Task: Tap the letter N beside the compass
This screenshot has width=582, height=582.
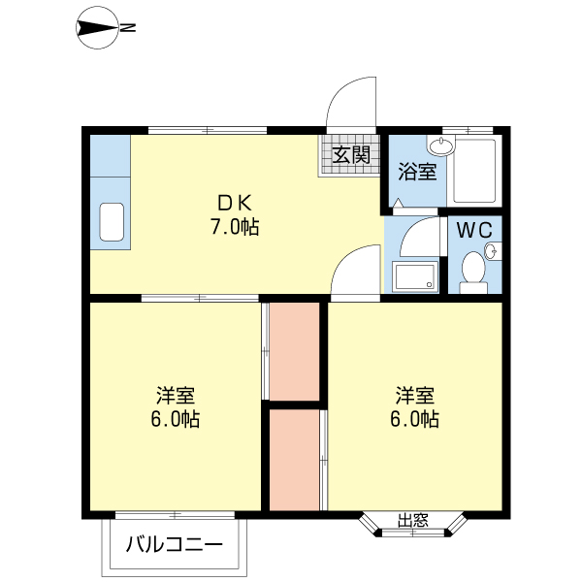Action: (127, 29)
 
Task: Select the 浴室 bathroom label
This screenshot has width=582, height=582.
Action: (418, 172)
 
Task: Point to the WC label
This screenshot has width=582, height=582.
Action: (475, 231)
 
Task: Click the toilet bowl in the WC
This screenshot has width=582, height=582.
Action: (473, 271)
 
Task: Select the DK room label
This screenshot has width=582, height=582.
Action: (234, 204)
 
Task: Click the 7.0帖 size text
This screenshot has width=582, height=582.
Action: (234, 228)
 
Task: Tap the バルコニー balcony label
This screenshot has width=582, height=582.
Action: (175, 544)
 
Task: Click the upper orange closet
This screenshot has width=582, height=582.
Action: (293, 350)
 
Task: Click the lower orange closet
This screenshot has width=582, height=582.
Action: (293, 459)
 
